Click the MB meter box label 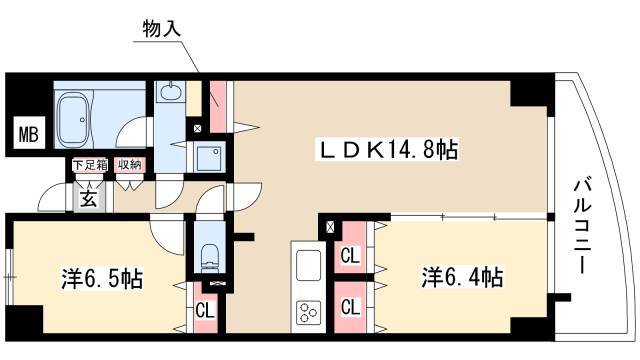(x=29, y=134)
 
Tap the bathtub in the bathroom (x=74, y=120)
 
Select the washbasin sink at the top (x=169, y=91)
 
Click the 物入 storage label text (x=162, y=29)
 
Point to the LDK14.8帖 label (x=388, y=149)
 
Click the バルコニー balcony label (x=582, y=226)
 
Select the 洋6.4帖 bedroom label (x=462, y=278)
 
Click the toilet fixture (x=211, y=258)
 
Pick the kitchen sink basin (x=308, y=265)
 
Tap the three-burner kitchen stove (x=308, y=313)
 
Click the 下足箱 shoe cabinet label (x=90, y=165)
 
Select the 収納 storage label (x=130, y=165)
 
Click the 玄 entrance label (x=89, y=198)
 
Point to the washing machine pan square (x=209, y=157)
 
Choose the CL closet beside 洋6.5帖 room (x=205, y=311)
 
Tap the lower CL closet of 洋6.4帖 (x=350, y=307)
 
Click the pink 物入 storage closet (x=218, y=106)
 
